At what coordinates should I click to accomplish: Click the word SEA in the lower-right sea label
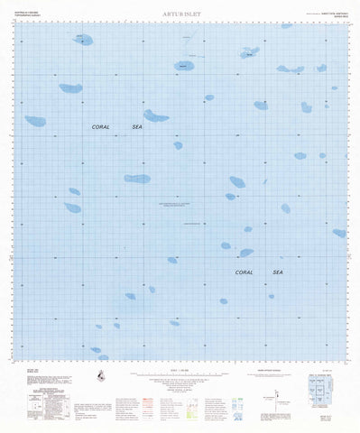pyautogui.click(x=278, y=271)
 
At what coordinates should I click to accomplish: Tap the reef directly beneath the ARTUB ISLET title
pyautogui.click(x=184, y=65)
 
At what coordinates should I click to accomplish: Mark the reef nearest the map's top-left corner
pyautogui.click(x=82, y=40)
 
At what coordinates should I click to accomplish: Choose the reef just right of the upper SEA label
pyautogui.click(x=156, y=116)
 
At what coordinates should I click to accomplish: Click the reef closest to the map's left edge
pyautogui.click(x=35, y=121)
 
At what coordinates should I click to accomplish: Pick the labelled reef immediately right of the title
pyautogui.click(x=249, y=52)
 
